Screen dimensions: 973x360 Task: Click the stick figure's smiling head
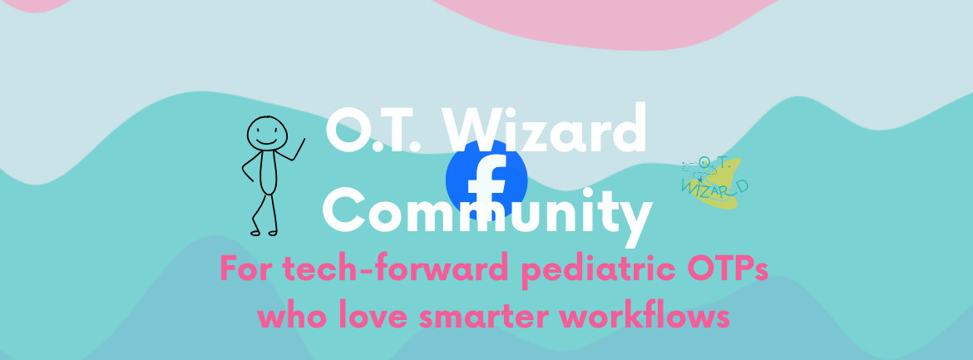(267, 133)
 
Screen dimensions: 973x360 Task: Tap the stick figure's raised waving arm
(290, 151)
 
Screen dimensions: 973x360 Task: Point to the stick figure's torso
(268, 173)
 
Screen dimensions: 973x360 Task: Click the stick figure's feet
(264, 233)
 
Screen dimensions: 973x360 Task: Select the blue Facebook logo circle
(486, 180)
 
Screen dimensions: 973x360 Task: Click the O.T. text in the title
(373, 131)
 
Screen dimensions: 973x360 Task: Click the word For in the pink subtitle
(245, 269)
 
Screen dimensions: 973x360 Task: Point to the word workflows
(645, 317)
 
